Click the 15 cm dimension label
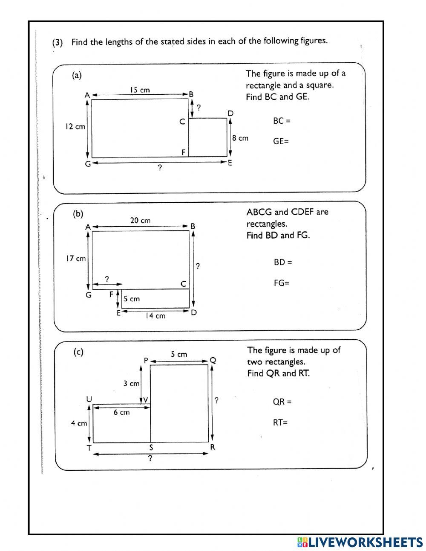click(140, 90)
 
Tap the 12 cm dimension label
click(75, 127)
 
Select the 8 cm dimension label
click(240, 138)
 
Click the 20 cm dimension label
click(140, 221)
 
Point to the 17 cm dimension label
click(75, 258)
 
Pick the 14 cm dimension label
click(155, 316)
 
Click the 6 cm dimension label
click(121, 413)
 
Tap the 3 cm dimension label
click(131, 383)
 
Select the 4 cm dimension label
click(79, 423)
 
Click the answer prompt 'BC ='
click(282, 121)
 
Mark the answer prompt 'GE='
click(281, 141)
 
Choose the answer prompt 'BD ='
click(283, 262)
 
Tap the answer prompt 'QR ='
click(282, 402)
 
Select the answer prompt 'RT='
click(280, 423)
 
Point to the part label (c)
click(78, 352)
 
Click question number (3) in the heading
click(58, 43)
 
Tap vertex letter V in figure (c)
click(145, 400)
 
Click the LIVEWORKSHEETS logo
click(360, 542)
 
